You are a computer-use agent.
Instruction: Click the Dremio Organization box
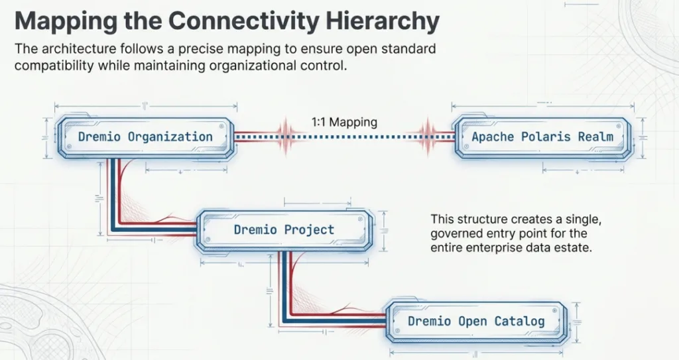pyautogui.click(x=145, y=137)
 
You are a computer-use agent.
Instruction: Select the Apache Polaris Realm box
pyautogui.click(x=542, y=137)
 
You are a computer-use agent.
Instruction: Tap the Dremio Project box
pyautogui.click(x=284, y=230)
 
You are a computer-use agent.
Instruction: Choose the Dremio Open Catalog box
pyautogui.click(x=475, y=322)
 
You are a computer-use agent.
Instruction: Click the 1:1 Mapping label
pyautogui.click(x=344, y=122)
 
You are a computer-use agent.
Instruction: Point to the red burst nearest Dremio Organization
pyautogui.click(x=286, y=137)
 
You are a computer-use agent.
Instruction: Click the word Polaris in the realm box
pyautogui.click(x=546, y=137)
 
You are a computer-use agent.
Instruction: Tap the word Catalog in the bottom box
pyautogui.click(x=519, y=322)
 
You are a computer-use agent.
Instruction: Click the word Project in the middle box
pyautogui.click(x=309, y=230)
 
